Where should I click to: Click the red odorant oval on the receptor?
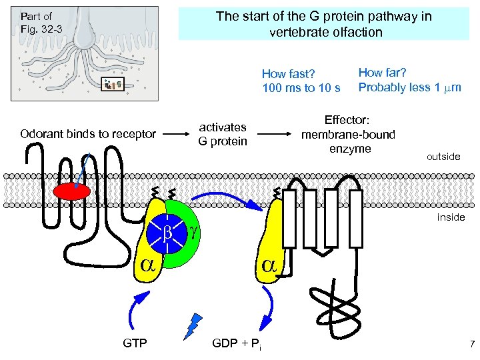[71, 191]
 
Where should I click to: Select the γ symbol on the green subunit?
[194, 231]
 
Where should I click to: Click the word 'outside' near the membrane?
[443, 157]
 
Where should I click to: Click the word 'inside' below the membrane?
[451, 217]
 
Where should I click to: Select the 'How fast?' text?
[288, 74]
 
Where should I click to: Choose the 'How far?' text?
[383, 72]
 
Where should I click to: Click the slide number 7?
[471, 344]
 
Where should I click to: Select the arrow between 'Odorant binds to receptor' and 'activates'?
[175, 134]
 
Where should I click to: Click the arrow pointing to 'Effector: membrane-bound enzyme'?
[273, 134]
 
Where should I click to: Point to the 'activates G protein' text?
[223, 134]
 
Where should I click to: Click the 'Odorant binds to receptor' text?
[87, 134]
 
